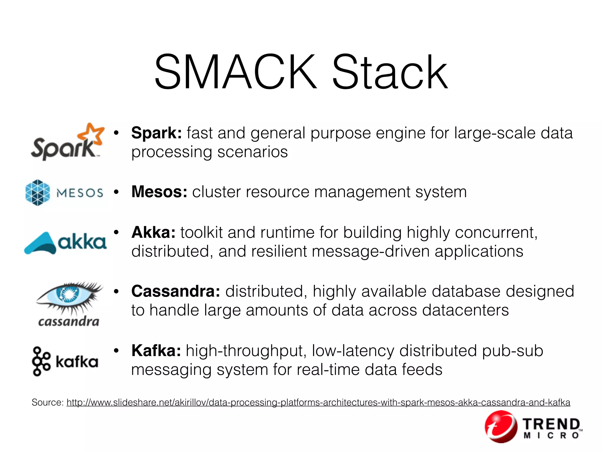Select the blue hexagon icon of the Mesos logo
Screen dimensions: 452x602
37,192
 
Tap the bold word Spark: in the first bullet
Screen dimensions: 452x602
156,133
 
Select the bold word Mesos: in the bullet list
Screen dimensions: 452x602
159,192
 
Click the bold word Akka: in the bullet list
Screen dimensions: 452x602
153,232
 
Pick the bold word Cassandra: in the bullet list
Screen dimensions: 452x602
175,291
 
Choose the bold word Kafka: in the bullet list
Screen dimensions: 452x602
156,351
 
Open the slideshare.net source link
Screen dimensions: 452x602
318,402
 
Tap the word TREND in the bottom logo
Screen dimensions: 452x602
551,424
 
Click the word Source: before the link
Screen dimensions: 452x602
48,402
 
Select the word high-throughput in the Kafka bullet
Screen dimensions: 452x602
246,351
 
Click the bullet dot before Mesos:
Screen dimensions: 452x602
116,192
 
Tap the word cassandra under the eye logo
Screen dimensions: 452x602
68,321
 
